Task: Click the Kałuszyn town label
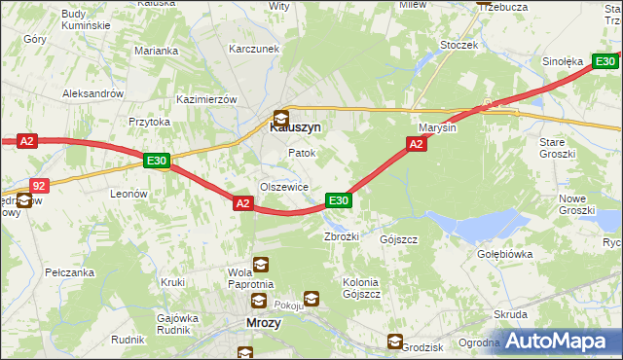tap(295, 126)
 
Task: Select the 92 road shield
tap(38, 184)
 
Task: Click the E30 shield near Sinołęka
tap(605, 61)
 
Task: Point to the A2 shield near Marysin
tap(416, 144)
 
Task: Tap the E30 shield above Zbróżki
tap(338, 200)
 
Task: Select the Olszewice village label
tap(283, 187)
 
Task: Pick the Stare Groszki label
tap(559, 148)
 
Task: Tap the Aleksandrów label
tap(92, 93)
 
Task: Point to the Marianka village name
tap(157, 51)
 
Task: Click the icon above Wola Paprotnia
tap(261, 264)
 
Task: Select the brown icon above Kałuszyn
tap(281, 116)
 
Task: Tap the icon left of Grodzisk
tap(394, 342)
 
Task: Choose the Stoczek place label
tap(458, 45)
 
